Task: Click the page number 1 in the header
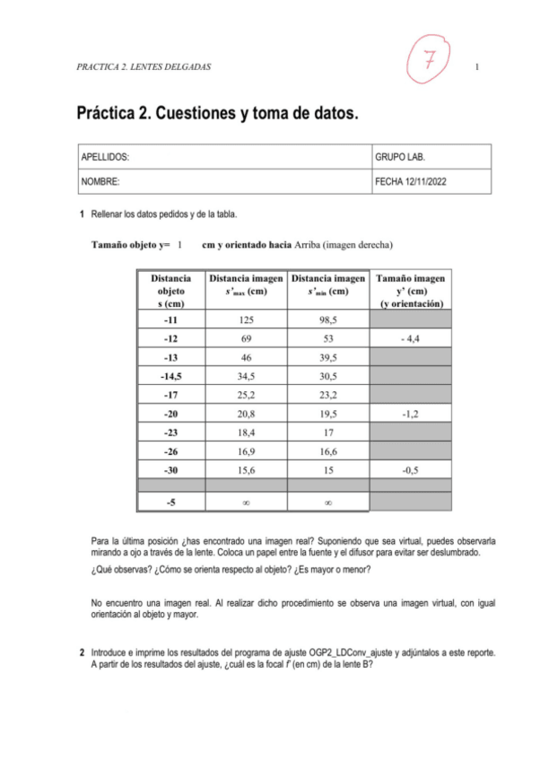(477, 68)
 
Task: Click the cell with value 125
(246, 319)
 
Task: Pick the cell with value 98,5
(327, 319)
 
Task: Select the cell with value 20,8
(246, 414)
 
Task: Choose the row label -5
(170, 503)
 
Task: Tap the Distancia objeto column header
(170, 291)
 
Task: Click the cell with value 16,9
(246, 451)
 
